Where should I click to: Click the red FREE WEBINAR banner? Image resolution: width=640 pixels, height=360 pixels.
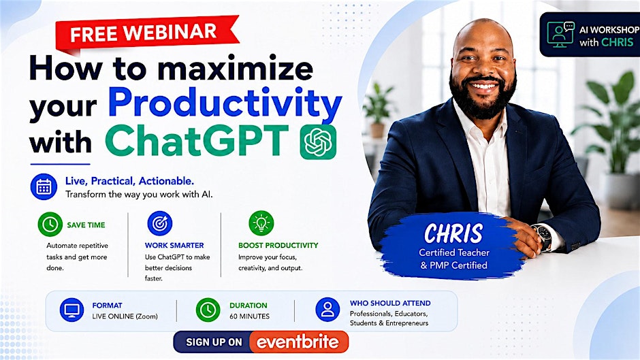click(x=147, y=34)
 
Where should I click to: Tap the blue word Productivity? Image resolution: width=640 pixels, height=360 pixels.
click(x=225, y=103)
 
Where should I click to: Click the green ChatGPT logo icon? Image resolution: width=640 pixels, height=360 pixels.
click(x=318, y=142)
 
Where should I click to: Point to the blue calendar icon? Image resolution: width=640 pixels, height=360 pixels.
click(x=44, y=187)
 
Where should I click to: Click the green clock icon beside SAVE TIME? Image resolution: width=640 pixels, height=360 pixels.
click(x=50, y=224)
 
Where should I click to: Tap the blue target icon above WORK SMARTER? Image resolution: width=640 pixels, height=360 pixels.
click(x=159, y=223)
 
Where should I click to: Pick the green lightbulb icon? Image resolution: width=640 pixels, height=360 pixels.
click(x=261, y=223)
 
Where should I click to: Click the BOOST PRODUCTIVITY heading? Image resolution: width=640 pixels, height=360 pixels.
click(x=278, y=245)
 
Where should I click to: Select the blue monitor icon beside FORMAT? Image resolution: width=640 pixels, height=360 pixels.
click(x=72, y=310)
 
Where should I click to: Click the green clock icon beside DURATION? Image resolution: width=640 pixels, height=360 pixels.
click(x=208, y=310)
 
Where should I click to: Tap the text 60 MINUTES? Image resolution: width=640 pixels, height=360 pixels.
click(x=249, y=316)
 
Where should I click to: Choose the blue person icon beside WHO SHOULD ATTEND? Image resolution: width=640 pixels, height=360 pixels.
click(x=327, y=309)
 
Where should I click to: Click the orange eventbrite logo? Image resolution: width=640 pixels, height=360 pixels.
click(x=298, y=342)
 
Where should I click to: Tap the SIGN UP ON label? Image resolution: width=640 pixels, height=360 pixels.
click(x=214, y=342)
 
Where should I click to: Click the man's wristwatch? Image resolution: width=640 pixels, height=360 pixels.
click(x=544, y=237)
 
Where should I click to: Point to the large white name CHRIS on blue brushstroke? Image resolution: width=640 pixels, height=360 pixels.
click(x=453, y=233)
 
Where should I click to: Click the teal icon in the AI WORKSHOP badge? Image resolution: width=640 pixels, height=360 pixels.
click(x=560, y=34)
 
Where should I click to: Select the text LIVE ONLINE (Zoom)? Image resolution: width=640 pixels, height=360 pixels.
click(x=125, y=316)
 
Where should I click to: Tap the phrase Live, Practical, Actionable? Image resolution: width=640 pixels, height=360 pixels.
click(x=130, y=181)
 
